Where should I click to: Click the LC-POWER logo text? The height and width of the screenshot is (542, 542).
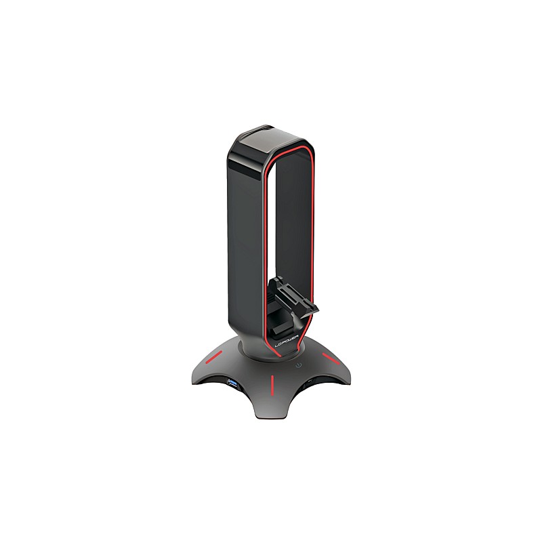pyautogui.click(x=287, y=343)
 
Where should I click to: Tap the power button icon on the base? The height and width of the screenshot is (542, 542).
pyautogui.click(x=299, y=365)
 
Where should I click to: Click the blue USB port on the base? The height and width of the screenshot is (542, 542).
pyautogui.click(x=231, y=381)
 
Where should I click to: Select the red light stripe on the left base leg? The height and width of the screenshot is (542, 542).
pyautogui.click(x=213, y=358)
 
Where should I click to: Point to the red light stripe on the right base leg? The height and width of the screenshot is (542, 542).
pyautogui.click(x=331, y=358)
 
